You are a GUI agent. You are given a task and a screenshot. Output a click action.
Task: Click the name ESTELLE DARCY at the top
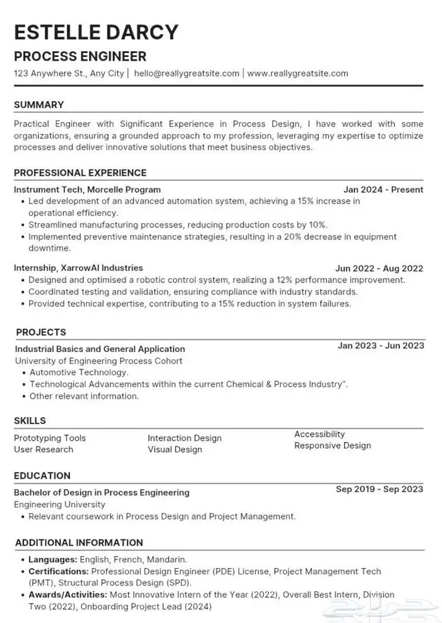coord(97,32)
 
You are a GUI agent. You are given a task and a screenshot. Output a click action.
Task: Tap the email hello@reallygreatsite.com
coord(187,73)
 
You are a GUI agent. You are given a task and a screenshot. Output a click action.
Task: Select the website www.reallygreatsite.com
coord(297,73)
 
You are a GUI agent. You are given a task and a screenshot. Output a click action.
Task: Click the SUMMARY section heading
coord(39,105)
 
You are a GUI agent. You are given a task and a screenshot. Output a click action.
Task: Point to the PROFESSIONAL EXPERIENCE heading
coord(80,172)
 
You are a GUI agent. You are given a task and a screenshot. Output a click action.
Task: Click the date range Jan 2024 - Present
coord(383,190)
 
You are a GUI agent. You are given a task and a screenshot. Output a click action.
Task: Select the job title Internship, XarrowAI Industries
coord(78,268)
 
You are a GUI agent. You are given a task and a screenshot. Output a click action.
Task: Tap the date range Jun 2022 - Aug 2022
coord(379,268)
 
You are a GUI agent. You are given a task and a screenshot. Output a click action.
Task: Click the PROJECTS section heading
coord(41,332)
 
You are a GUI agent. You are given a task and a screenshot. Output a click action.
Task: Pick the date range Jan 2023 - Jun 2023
coord(381,346)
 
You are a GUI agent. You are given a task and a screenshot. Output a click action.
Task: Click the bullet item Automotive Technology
coord(79,373)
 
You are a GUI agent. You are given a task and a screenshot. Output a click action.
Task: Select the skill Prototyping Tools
coord(50,438)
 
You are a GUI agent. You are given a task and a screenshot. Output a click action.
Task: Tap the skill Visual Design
coord(175,449)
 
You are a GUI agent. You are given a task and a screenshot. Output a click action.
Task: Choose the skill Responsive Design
coord(333,445)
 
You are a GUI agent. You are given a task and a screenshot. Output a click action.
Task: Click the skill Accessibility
coord(320,434)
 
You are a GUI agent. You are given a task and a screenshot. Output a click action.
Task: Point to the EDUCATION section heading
coord(42,476)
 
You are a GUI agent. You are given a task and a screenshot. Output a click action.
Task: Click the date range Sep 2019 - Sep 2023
coord(379,489)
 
